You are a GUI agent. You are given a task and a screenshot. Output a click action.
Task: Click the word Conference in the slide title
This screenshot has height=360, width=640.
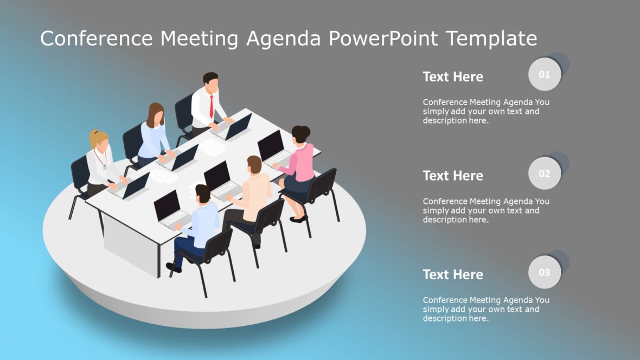(95, 38)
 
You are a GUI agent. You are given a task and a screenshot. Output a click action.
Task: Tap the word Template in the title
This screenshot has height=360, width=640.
(491, 38)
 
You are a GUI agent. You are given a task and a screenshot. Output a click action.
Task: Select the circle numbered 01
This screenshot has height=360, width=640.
(544, 74)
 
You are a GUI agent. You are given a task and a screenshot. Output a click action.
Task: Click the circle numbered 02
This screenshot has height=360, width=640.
(544, 173)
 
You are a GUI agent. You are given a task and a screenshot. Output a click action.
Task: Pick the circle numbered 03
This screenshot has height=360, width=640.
(544, 272)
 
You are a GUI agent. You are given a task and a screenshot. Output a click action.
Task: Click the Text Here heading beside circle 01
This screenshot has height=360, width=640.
(453, 77)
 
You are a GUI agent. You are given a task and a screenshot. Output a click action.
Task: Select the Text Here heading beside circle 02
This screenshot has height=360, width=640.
(453, 176)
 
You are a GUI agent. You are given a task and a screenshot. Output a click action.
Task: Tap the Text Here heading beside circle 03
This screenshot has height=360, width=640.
(453, 275)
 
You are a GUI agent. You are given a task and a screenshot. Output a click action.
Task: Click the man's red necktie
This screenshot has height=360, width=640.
(212, 106)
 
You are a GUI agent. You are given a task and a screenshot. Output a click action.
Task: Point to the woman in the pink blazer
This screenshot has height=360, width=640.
(300, 163)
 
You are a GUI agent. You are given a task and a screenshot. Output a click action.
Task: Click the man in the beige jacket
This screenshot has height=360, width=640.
(255, 192)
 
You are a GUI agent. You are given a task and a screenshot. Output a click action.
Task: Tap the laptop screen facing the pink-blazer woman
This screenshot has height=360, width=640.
(271, 146)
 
